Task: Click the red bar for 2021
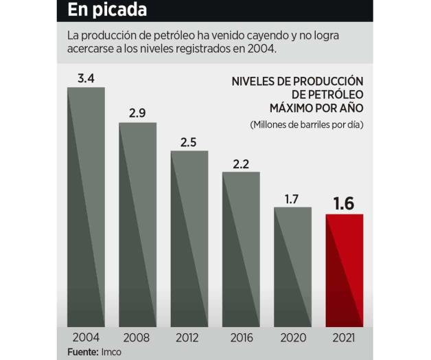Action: [344, 271]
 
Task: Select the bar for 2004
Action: [86, 206]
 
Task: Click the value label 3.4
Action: [86, 78]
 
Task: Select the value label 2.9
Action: [137, 113]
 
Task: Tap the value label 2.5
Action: [189, 142]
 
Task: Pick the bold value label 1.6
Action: [344, 203]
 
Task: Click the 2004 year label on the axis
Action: [86, 337]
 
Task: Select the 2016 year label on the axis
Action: [240, 337]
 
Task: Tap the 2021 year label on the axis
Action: [344, 337]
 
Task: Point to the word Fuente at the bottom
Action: [83, 352]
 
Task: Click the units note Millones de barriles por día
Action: [306, 125]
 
